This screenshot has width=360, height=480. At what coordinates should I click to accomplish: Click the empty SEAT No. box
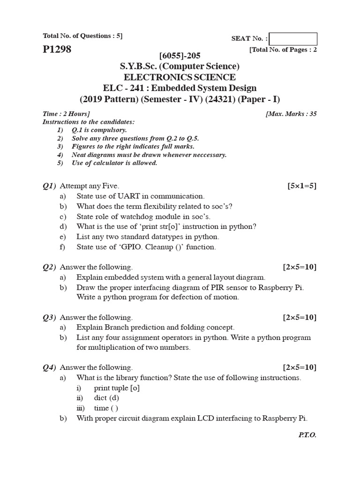point(293,39)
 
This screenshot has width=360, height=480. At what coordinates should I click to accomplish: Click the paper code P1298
point(57,49)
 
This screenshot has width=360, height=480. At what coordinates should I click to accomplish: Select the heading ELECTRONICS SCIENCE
point(180,77)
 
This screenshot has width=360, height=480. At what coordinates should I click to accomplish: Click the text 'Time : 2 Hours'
point(66,114)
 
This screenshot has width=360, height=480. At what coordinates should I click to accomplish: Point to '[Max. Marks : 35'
point(291,114)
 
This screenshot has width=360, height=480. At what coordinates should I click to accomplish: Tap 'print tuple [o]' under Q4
point(117,388)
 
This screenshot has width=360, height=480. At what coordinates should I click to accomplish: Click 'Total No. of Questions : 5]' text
point(82,36)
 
